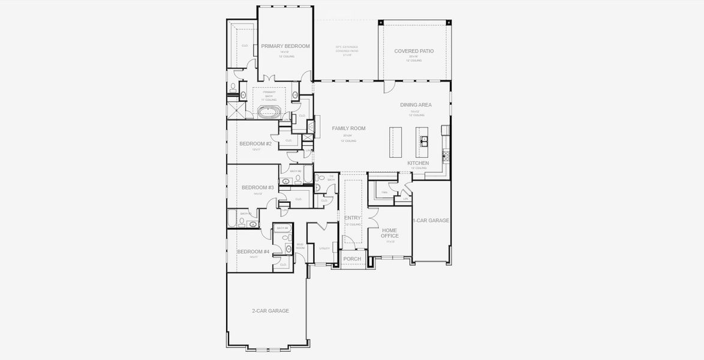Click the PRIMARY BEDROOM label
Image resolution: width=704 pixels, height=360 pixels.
click(x=285, y=46)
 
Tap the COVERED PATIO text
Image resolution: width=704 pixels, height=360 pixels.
click(x=414, y=51)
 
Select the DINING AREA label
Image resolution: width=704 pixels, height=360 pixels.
click(x=416, y=105)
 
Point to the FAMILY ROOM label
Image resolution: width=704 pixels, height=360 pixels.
click(x=348, y=128)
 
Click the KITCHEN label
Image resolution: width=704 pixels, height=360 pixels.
click(x=418, y=163)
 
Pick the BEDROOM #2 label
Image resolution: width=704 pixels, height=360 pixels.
click(x=255, y=144)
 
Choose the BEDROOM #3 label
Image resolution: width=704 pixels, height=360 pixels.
click(x=258, y=188)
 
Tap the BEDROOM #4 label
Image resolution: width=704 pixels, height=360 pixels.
click(x=253, y=251)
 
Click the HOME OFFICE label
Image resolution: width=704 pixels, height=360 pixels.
click(x=390, y=233)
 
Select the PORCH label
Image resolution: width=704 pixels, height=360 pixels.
click(x=352, y=259)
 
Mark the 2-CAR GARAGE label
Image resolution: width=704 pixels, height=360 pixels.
click(x=270, y=311)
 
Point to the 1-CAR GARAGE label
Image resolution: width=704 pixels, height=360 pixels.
click(x=431, y=221)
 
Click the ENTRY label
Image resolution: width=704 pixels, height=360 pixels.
click(x=353, y=218)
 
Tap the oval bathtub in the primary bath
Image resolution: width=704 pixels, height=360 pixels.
click(x=269, y=112)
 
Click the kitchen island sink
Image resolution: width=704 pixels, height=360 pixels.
click(x=425, y=142)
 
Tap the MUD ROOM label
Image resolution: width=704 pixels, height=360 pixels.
click(x=300, y=246)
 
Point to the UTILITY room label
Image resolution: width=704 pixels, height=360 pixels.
click(x=324, y=248)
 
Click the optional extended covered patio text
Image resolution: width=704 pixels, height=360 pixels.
click(x=347, y=50)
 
